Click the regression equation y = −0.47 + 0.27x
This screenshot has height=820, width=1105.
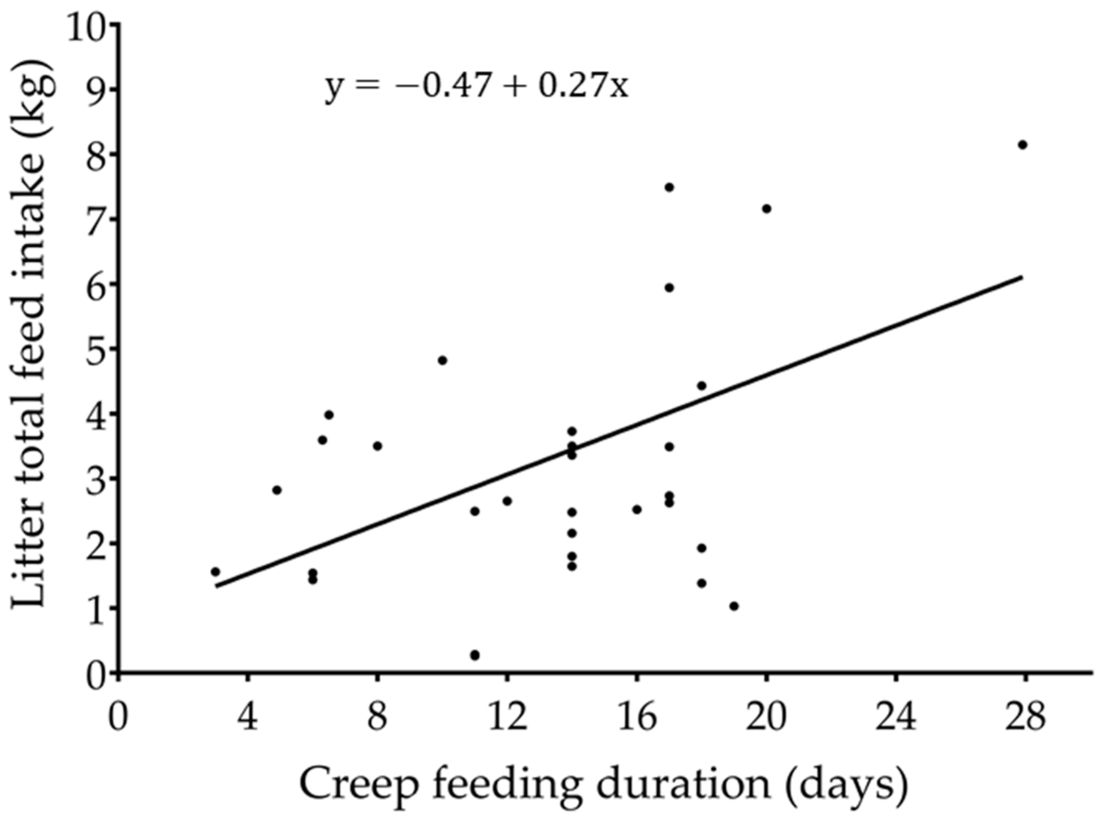click(x=477, y=87)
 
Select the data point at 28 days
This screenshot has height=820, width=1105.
click(x=1022, y=145)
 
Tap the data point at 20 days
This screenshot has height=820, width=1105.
click(x=767, y=208)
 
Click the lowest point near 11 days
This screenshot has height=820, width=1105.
click(x=475, y=655)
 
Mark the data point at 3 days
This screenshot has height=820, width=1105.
click(x=215, y=572)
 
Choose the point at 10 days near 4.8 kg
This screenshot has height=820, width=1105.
click(x=442, y=360)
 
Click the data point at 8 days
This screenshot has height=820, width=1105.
click(x=377, y=446)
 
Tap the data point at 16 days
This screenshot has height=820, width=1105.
click(x=637, y=510)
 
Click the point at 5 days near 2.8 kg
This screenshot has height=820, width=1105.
click(x=277, y=490)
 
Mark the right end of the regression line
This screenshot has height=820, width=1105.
click(x=1022, y=277)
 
